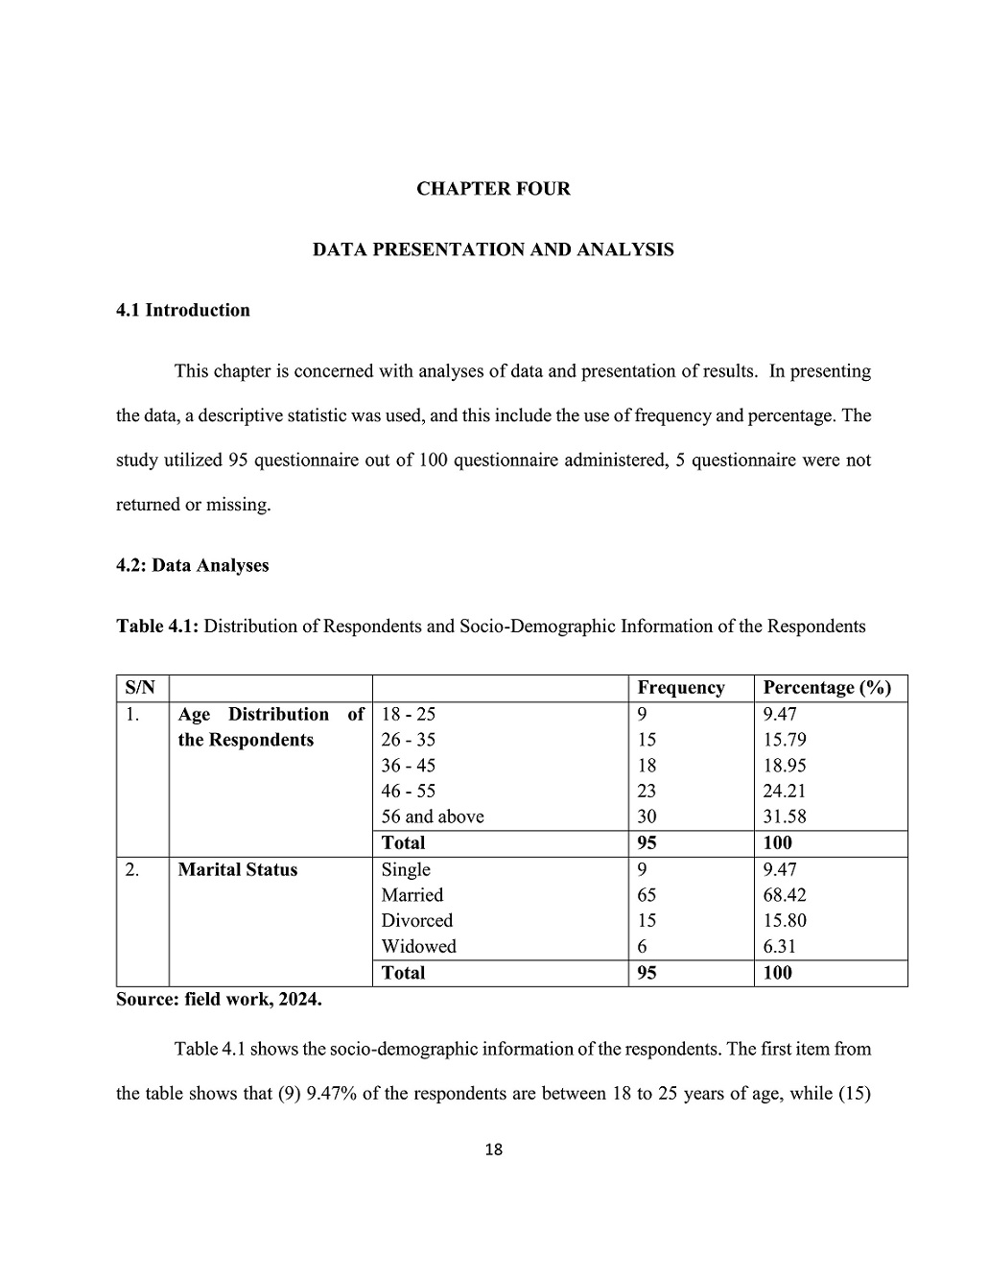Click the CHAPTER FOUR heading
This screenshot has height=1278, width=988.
(493, 189)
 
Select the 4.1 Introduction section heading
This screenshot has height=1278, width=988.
(182, 310)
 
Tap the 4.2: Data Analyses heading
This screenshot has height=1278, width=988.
(192, 565)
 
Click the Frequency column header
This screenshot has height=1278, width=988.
(681, 688)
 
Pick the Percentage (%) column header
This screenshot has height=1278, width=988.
(827, 688)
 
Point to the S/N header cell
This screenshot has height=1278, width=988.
(140, 688)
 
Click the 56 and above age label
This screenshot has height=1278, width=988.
(433, 816)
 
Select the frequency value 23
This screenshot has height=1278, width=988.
(647, 791)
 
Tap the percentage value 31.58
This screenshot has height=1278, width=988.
(785, 816)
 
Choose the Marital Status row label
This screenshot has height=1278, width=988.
(238, 869)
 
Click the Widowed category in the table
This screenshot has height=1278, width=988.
(418, 946)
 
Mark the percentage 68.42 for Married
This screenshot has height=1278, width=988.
(785, 895)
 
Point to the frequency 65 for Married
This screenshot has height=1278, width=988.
(647, 895)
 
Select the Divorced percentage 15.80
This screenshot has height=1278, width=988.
(785, 920)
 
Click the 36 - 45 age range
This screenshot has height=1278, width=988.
(409, 766)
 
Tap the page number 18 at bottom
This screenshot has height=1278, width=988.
(494, 1149)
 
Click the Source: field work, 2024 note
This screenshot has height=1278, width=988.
(219, 999)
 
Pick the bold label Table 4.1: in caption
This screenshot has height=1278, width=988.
(157, 627)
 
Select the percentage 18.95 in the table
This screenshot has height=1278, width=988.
(785, 766)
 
